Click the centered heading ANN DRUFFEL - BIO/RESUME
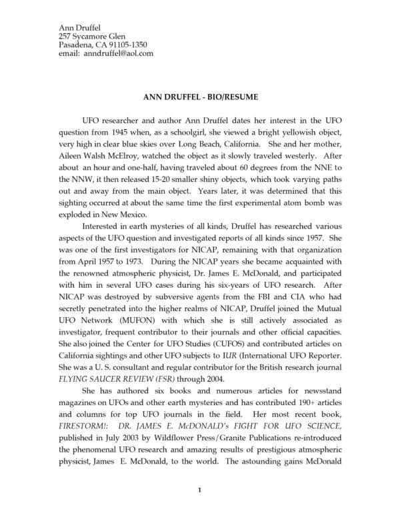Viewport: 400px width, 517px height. point(201,97)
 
